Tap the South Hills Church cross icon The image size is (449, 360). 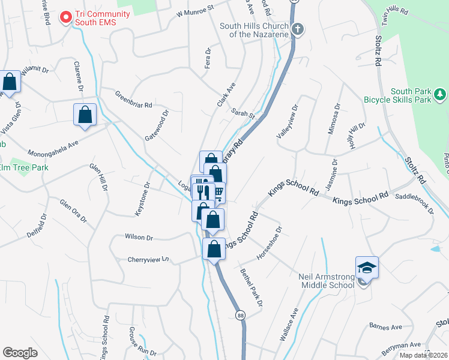[x=297, y=29]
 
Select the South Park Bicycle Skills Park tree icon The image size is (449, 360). [x=440, y=94]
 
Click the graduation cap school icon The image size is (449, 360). [x=367, y=268]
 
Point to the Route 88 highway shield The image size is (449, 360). [x=241, y=315]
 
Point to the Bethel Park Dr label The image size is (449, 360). [x=252, y=287]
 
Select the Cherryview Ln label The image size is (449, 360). [x=148, y=260]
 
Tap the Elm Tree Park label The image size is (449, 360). [x=24, y=167]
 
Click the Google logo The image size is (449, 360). [x=20, y=352]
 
